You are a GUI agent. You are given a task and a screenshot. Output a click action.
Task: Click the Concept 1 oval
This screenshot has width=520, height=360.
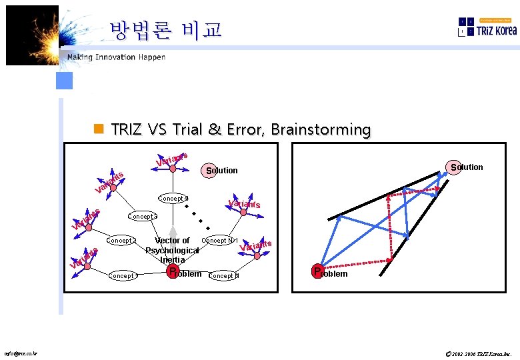coord(123,275)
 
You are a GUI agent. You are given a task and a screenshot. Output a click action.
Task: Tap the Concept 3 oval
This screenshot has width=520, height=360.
coord(142,216)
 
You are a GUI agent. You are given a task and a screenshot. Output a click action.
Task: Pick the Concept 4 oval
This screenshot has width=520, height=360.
coord(173,198)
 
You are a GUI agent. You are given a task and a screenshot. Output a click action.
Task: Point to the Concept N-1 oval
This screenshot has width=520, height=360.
coord(221,240)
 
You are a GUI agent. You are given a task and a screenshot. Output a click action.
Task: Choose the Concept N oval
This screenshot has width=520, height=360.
coord(224,275)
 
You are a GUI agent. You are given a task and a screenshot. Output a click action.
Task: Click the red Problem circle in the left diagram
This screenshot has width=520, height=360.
coord(173,272)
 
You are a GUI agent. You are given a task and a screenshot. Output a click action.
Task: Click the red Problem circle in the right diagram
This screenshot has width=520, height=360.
coord(319,271)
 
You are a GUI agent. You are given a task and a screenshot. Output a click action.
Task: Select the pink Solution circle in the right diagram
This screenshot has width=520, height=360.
coord(456,167)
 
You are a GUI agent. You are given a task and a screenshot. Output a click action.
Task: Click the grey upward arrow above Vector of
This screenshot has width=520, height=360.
coord(173,232)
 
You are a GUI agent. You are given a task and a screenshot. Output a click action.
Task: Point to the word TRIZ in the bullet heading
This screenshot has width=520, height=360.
coord(125,129)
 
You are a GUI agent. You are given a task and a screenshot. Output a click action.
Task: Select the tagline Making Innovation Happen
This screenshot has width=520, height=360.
coord(116,57)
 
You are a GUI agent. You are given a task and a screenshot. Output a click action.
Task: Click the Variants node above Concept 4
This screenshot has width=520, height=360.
coord(173,168)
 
